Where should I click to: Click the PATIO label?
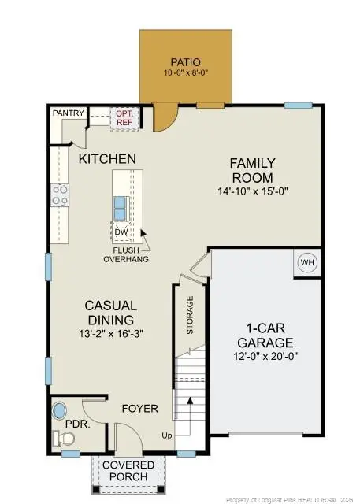186,61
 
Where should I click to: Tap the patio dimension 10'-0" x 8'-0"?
186,73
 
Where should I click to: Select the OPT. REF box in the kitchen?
124,117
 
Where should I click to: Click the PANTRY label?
68,113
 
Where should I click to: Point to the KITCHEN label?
107,159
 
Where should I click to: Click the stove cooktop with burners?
60,194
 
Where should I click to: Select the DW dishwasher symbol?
121,232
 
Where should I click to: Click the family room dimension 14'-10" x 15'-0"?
252,191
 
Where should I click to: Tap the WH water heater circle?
306,263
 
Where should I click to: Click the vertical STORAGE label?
190,315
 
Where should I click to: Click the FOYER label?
139,409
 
